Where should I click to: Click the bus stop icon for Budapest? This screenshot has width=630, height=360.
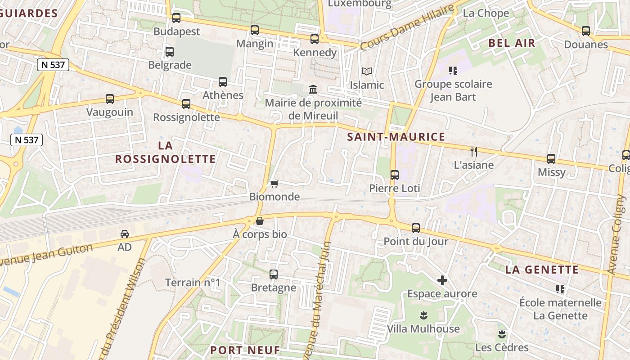[176, 18]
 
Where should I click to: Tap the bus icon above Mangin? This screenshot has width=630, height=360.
[255, 30]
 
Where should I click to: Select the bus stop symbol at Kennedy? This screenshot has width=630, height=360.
[315, 39]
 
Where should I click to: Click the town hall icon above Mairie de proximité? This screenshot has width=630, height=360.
[313, 90]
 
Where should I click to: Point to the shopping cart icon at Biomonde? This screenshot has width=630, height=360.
[274, 184]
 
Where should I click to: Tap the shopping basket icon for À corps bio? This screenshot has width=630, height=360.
[260, 221]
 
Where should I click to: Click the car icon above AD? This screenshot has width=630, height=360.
[125, 234]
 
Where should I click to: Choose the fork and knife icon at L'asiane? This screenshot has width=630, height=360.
[473, 152]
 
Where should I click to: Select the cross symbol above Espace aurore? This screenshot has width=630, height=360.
[442, 280]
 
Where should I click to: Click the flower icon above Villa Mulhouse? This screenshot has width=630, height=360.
[423, 315]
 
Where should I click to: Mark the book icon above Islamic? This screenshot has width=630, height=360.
[367, 72]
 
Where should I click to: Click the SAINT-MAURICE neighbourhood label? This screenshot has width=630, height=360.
[396, 137]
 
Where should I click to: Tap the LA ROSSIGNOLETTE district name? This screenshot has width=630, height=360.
[166, 152]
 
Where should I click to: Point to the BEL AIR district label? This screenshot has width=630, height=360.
[512, 43]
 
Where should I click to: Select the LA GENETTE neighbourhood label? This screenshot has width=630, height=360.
[542, 270]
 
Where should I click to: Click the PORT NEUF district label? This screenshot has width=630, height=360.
[245, 350]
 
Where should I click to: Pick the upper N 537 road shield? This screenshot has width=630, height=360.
[53, 65]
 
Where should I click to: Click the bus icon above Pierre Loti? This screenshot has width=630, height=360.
[395, 175]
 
